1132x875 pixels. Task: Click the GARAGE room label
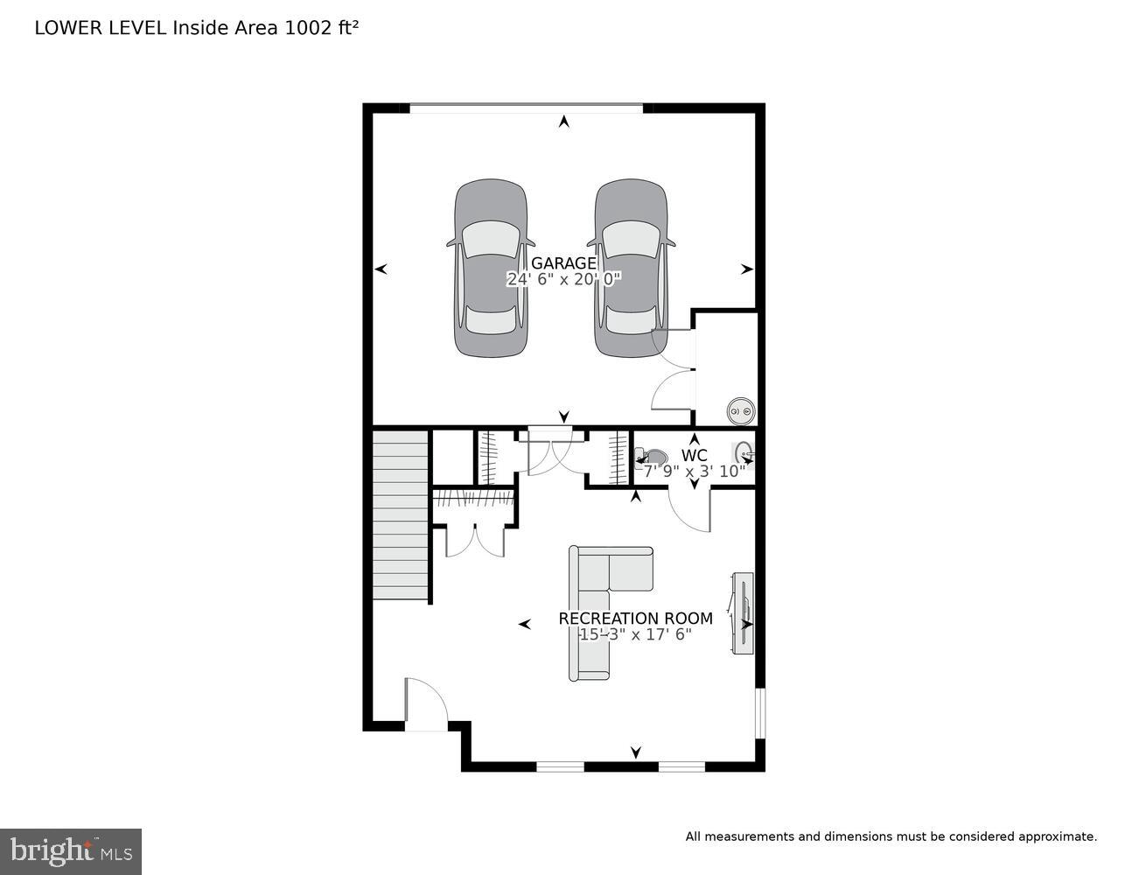[563, 263]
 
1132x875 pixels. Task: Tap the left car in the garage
[491, 268]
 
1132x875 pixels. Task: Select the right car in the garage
[631, 268]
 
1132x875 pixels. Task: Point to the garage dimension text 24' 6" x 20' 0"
[563, 280]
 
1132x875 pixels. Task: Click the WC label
[695, 456]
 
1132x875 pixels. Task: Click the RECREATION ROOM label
[635, 619]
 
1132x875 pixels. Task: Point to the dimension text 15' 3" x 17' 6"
[635, 634]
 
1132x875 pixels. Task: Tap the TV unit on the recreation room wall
[742, 612]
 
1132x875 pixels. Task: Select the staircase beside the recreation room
[401, 514]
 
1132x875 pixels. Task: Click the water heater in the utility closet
[742, 410]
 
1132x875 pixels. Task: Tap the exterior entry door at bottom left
[426, 704]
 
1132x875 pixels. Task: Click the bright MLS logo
[71, 851]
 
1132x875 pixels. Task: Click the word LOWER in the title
[66, 28]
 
